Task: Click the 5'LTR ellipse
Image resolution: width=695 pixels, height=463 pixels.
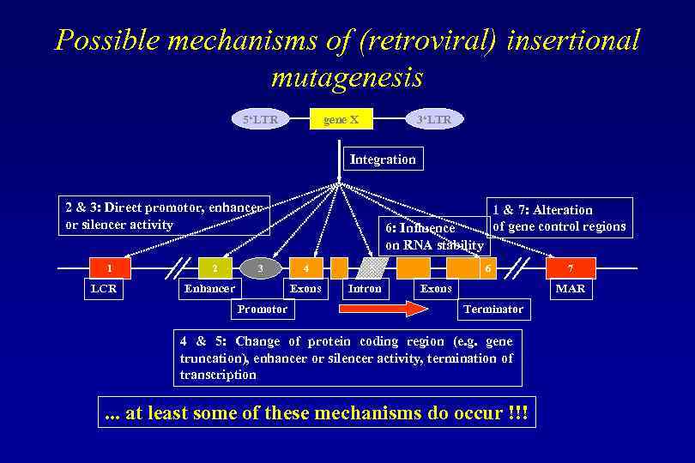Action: (x=261, y=120)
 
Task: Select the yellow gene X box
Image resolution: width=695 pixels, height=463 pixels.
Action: (x=341, y=119)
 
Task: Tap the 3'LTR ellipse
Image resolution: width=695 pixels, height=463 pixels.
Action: (x=433, y=120)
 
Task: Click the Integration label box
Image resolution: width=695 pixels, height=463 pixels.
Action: (x=383, y=159)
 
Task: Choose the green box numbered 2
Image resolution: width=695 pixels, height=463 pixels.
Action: (x=215, y=268)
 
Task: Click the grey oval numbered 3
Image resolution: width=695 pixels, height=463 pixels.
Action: (x=261, y=268)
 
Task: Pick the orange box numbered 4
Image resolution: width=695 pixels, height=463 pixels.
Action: (x=306, y=268)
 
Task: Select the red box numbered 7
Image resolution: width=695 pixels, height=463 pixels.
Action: (x=570, y=268)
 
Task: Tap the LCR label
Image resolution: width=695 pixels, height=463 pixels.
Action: (x=104, y=289)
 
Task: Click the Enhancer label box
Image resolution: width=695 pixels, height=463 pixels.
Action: (x=209, y=289)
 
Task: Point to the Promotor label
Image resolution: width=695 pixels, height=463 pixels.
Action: (x=263, y=309)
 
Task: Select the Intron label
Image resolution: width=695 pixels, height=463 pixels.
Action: (x=365, y=289)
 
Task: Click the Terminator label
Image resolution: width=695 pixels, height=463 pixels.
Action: (x=493, y=309)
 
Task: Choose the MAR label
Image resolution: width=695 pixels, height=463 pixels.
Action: (x=570, y=289)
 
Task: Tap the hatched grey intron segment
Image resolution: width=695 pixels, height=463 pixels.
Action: (x=373, y=268)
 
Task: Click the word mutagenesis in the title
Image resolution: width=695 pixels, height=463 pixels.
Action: (x=347, y=78)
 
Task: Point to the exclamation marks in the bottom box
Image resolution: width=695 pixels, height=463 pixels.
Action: (x=517, y=414)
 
